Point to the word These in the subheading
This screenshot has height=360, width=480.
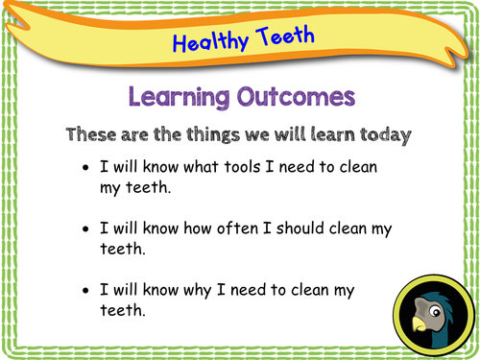[x=94, y=134]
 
